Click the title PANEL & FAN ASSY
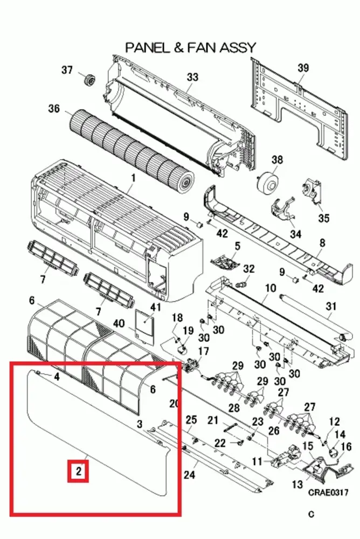point(190,47)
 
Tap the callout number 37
point(67,70)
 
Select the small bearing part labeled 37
point(90,80)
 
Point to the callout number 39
point(303,68)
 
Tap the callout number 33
point(192,77)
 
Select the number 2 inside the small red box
point(79,471)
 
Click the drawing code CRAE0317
point(328,493)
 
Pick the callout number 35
point(323,218)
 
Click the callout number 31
point(330,306)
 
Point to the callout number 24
point(190,475)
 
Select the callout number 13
point(297,485)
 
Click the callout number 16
point(346,446)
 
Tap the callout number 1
point(133,178)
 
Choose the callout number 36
point(54,109)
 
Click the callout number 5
point(238,246)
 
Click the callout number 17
point(204,351)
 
